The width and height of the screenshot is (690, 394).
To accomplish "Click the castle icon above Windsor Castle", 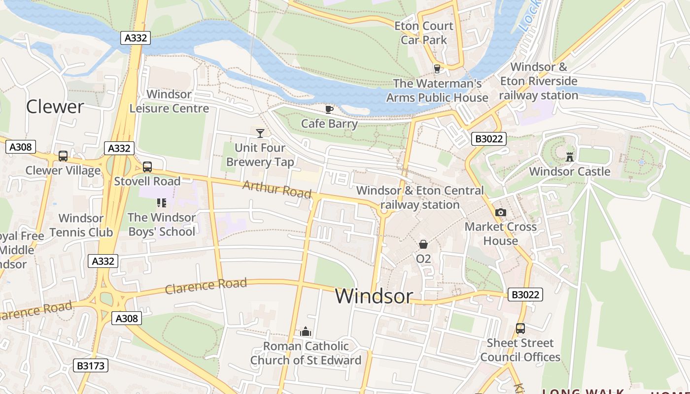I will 570,157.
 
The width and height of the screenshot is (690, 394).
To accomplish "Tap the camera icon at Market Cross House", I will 501,212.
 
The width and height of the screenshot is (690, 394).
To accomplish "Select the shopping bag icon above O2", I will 423,244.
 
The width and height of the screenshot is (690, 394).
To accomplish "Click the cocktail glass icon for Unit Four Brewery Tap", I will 260,133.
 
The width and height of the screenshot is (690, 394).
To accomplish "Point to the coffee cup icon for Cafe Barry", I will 329,109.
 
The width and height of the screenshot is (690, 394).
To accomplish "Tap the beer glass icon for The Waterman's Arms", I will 437,68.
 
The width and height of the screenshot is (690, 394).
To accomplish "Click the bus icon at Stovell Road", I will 147,167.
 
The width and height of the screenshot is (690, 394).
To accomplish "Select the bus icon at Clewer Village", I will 63,156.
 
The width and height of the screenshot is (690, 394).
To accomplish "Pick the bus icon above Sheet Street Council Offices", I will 520,328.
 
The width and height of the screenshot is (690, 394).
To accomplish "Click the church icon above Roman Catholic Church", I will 306,331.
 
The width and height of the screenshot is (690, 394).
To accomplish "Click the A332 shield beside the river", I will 135,38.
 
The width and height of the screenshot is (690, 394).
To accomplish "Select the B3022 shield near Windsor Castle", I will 488,139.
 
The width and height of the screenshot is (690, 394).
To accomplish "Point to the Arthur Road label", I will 277,189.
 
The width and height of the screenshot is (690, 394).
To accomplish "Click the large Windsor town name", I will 374,295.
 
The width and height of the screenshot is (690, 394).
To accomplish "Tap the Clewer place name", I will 55,106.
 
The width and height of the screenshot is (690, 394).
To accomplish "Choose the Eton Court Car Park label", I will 424,33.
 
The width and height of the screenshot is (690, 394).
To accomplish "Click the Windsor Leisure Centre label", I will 169,101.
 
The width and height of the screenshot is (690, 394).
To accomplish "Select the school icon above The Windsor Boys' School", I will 162,202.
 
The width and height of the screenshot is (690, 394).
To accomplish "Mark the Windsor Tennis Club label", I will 81,225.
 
